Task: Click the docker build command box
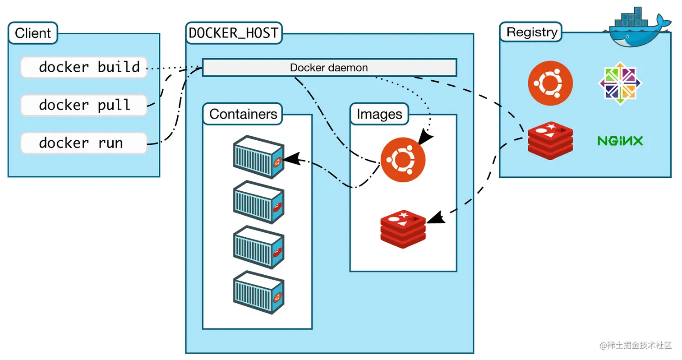pos(84,67)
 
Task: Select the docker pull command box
pos(84,105)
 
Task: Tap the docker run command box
pos(84,143)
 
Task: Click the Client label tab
pos(33,33)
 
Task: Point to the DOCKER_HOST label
pos(234,33)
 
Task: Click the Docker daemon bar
pos(329,68)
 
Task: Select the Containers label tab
pos(243,114)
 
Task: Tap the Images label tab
pos(379,114)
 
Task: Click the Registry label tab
pos(532,32)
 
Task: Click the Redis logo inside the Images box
pos(403,229)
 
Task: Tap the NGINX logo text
pos(620,141)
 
